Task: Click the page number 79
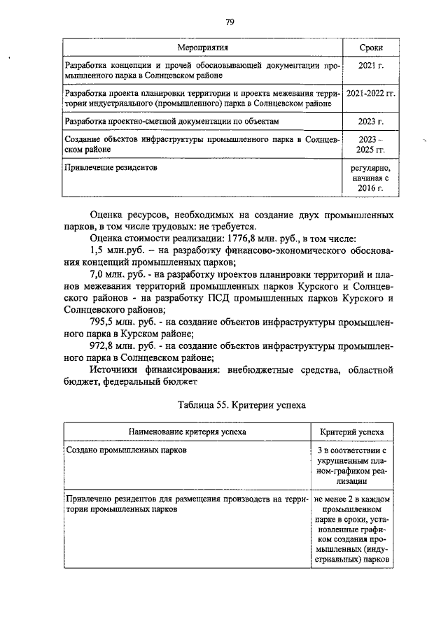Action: tap(229, 22)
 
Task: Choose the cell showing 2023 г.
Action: tap(370, 121)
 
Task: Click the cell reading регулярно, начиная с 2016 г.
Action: tap(370, 178)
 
